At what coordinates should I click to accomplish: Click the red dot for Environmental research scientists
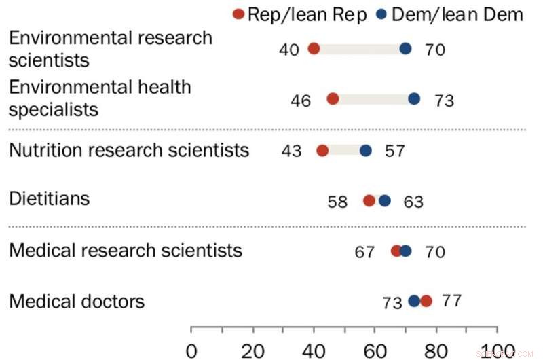(x=314, y=48)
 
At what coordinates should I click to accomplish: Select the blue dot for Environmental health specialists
(x=414, y=99)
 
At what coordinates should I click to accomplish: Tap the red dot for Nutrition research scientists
(x=322, y=150)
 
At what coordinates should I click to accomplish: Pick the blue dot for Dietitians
(x=385, y=200)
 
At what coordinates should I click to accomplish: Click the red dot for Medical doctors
(x=426, y=301)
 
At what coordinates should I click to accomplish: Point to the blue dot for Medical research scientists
(x=405, y=251)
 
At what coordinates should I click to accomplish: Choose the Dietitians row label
(x=49, y=199)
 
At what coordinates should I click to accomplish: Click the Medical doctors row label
(x=77, y=300)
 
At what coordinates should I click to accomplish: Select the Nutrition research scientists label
(x=129, y=149)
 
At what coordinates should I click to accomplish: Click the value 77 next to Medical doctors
(x=451, y=300)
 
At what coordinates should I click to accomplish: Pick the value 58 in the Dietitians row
(x=337, y=202)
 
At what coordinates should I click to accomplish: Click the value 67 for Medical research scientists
(x=364, y=252)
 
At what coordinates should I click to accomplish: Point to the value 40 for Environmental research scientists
(x=288, y=50)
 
